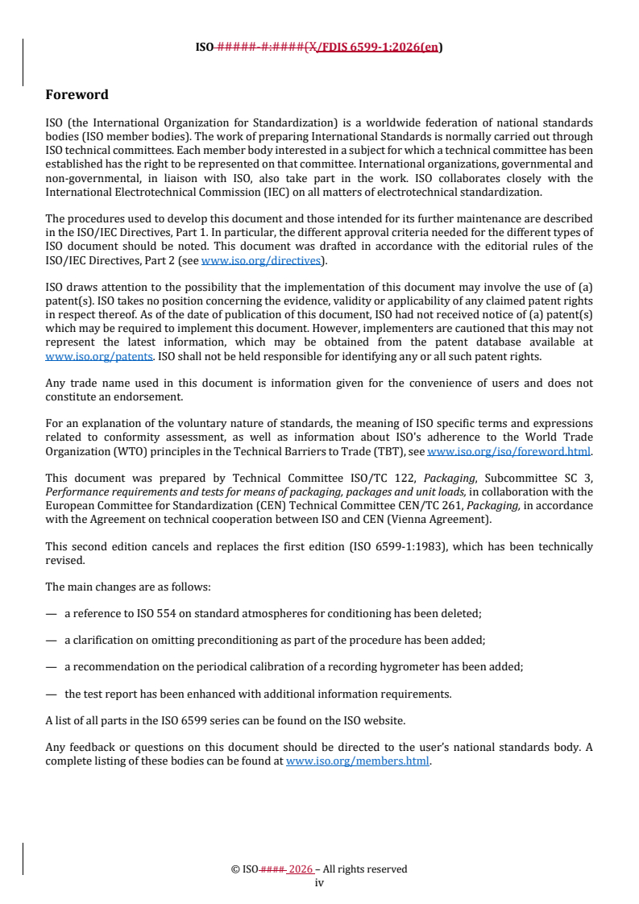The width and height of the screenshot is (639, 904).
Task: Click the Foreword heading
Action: [77, 95]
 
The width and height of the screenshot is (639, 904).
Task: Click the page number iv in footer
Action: [319, 883]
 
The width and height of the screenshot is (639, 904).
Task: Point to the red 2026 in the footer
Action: [300, 869]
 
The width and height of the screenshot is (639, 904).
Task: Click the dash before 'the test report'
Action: [51, 693]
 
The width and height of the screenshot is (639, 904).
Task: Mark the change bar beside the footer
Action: [23, 860]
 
